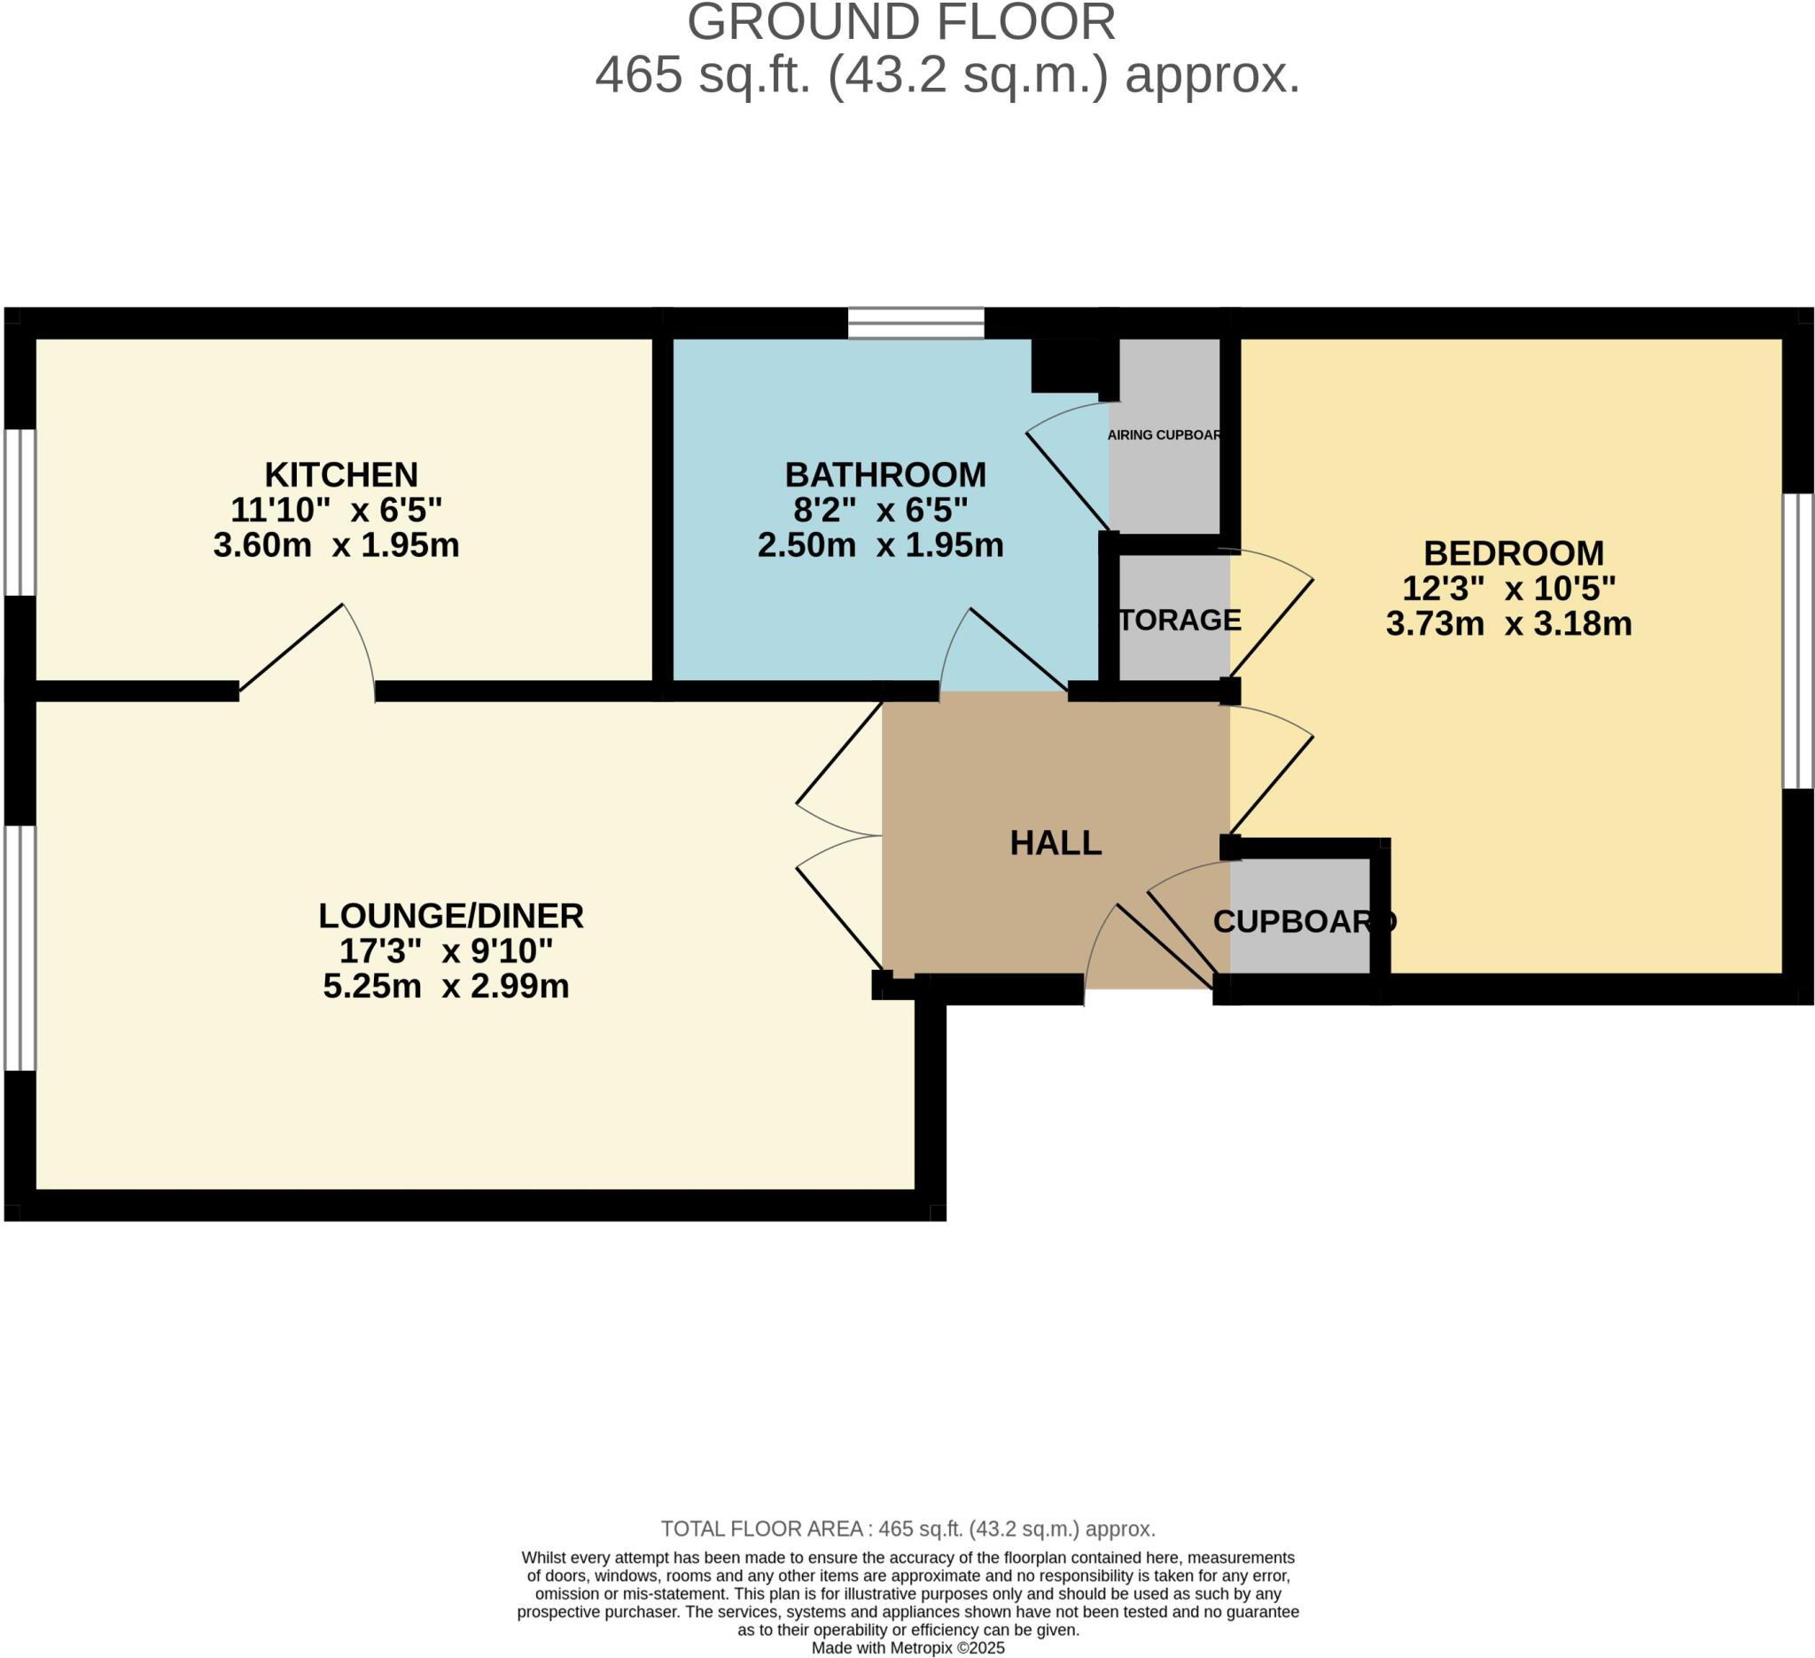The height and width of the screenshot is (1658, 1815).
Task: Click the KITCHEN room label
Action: (341, 474)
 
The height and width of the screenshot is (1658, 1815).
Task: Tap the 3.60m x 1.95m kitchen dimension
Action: (336, 546)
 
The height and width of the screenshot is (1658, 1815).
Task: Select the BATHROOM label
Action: (885, 474)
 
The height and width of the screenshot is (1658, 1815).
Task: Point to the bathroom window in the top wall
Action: (915, 324)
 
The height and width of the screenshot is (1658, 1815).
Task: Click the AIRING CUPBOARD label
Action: (1165, 435)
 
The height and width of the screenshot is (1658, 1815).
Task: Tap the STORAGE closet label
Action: (1179, 620)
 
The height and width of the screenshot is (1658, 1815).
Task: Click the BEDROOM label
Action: (1514, 553)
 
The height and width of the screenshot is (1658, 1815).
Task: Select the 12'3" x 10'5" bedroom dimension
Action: (1509, 589)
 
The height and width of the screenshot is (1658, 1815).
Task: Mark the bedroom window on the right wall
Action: (1798, 641)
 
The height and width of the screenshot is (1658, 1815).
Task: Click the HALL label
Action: (1056, 843)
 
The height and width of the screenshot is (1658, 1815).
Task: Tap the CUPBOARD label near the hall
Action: (1304, 921)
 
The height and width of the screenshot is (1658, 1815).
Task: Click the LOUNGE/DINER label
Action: (451, 916)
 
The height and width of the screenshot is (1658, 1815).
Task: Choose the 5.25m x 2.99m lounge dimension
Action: (446, 986)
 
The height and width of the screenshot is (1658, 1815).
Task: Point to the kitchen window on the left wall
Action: (19, 512)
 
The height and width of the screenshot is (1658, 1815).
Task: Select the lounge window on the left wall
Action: (19, 949)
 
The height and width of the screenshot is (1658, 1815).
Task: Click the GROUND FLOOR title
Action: (901, 23)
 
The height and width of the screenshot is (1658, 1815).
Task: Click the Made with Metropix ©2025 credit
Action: (907, 1648)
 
